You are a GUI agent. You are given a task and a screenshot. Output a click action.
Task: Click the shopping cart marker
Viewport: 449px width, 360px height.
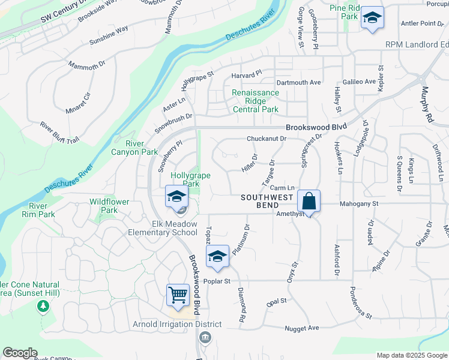tap(178, 295)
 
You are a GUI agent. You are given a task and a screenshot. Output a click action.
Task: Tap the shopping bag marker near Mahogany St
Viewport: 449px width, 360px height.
tap(309, 201)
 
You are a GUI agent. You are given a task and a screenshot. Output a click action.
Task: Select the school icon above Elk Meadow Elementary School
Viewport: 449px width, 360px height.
tap(177, 197)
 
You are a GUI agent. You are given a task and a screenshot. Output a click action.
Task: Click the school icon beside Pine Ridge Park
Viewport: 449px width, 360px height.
tap(372, 18)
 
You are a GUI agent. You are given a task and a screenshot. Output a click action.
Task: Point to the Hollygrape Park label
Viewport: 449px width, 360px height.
tap(185, 179)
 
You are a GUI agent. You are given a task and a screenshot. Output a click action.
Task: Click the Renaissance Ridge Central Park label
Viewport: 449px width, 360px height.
tap(256, 101)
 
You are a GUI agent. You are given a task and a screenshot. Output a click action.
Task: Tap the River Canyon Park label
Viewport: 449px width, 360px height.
tap(134, 148)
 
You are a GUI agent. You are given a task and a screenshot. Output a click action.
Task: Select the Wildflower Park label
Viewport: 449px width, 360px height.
tap(109, 206)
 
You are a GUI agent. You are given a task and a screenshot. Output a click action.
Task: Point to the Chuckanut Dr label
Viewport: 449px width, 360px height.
tap(267, 139)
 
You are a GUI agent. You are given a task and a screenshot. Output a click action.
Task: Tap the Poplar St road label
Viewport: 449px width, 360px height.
tap(218, 281)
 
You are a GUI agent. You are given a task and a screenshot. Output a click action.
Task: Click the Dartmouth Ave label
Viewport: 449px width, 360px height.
tap(298, 82)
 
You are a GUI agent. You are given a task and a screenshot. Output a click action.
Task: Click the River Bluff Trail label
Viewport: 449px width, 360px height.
tap(59, 133)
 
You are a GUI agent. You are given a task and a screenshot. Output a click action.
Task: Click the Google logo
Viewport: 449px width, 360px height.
tap(20, 353)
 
